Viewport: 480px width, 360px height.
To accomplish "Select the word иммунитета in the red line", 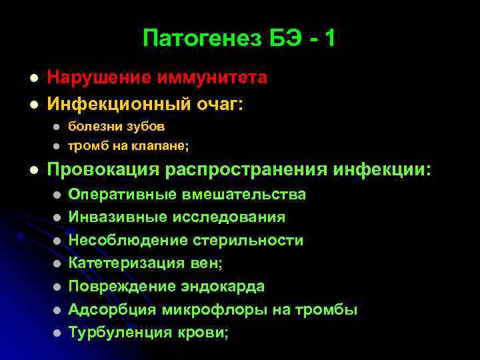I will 213,78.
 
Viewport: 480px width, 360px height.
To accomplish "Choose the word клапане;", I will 155,145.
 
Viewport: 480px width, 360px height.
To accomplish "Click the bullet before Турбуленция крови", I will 58,333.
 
